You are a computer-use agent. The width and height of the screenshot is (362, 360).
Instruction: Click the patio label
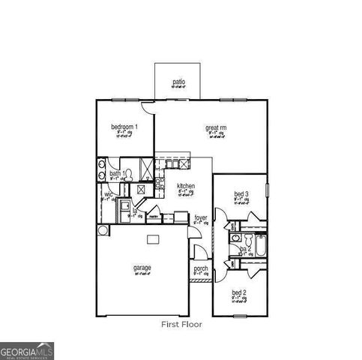pyautogui.click(x=178, y=82)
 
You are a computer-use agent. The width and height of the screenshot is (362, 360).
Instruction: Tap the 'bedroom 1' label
pyautogui.click(x=124, y=127)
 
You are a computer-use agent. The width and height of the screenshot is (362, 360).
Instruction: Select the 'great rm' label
pyautogui.click(x=216, y=127)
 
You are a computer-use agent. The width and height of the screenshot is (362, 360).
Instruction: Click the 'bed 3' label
pyautogui.click(x=240, y=195)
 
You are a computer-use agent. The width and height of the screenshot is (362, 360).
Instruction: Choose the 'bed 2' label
pyautogui.click(x=238, y=292)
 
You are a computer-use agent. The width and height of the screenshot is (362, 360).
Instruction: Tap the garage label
pyautogui.click(x=142, y=268)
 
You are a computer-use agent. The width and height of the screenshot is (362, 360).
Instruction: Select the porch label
pyautogui.click(x=201, y=268)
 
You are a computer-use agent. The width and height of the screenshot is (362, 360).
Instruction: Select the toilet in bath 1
pyautogui.click(x=128, y=175)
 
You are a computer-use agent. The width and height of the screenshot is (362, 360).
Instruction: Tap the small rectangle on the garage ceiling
pyautogui.click(x=153, y=239)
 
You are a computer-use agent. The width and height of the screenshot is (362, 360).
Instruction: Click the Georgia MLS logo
pyautogui.click(x=27, y=350)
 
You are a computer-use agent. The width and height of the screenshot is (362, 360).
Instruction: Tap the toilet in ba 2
pyautogui.click(x=235, y=256)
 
